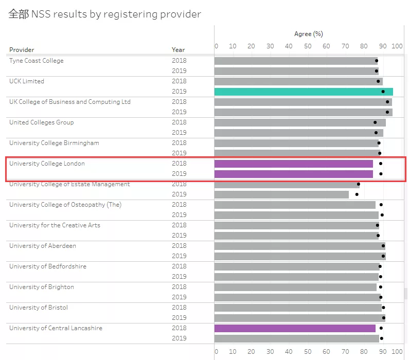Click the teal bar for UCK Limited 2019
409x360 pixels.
(304, 92)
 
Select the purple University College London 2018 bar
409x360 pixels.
(294, 164)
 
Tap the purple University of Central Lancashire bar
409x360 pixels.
(295, 328)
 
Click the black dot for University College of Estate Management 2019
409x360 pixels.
(357, 194)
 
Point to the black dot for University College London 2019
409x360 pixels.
(381, 174)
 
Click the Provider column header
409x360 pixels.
(22, 50)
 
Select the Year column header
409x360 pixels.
(178, 50)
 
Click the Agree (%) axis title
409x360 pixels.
(309, 34)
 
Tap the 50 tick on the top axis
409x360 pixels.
(308, 46)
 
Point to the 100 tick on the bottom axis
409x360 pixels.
(397, 352)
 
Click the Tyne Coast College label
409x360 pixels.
(36, 61)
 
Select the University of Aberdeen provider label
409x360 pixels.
(43, 246)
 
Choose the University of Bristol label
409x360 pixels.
(39, 308)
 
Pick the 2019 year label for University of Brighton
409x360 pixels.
(179, 297)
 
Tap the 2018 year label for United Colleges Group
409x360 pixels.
(179, 122)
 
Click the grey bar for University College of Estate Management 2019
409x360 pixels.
(281, 194)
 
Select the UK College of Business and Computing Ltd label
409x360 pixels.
(70, 102)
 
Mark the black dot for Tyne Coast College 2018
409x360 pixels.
(377, 61)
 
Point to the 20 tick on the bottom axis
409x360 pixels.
(251, 352)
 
